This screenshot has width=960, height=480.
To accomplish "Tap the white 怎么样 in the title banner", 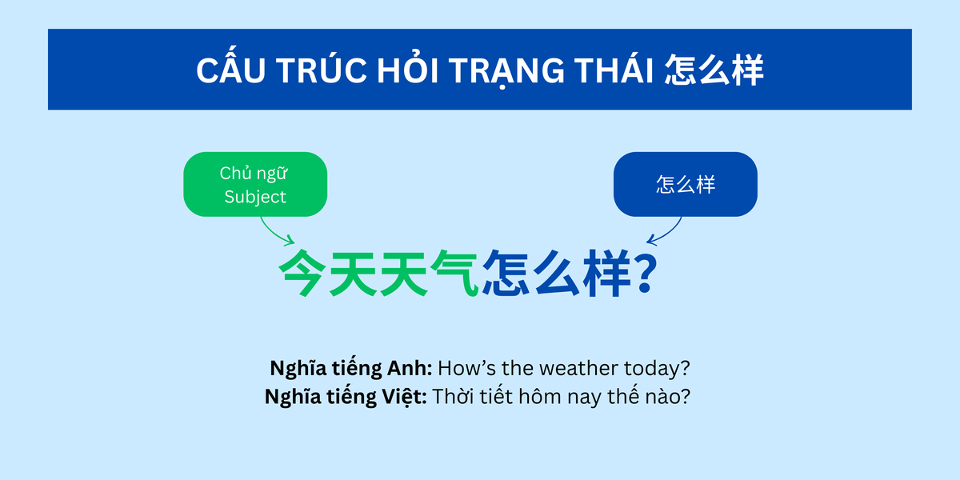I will [714, 70].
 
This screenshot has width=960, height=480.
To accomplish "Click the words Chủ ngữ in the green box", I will [255, 173].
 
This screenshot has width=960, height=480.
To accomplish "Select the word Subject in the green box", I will [255, 197].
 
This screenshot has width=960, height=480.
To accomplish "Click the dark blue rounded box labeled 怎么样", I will [685, 184].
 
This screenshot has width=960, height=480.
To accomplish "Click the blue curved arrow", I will [666, 233].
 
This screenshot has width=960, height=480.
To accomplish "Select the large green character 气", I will [454, 274].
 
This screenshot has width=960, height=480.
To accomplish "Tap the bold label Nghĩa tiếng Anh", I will [351, 369].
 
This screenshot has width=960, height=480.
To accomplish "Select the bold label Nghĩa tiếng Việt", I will [346, 396].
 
